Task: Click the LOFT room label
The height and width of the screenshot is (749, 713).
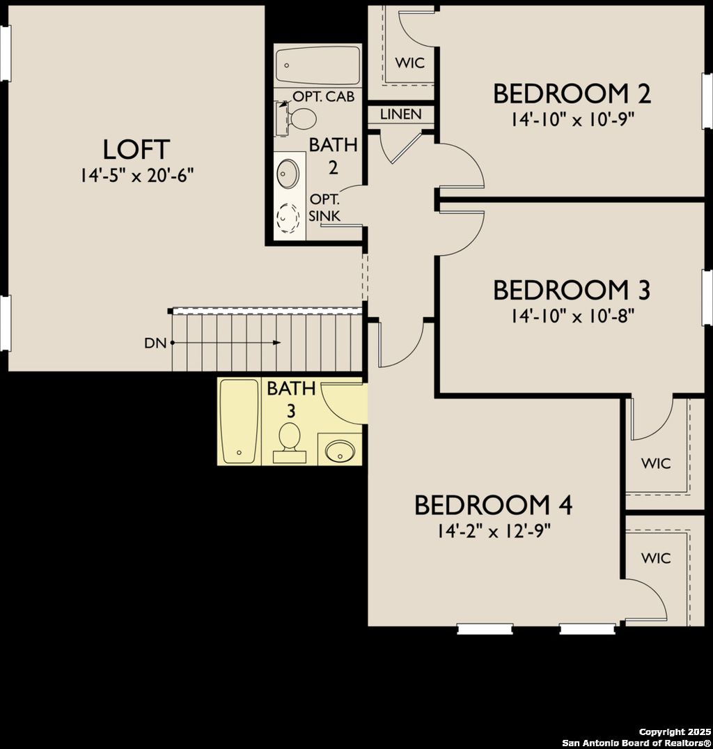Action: (136, 150)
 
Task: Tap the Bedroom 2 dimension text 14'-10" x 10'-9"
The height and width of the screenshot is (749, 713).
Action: (572, 119)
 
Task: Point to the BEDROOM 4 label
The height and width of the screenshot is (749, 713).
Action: (493, 505)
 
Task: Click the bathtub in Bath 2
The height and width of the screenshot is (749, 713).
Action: (318, 65)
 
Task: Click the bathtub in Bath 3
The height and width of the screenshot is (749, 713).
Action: (239, 420)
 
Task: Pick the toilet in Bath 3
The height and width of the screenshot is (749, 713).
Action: (289, 440)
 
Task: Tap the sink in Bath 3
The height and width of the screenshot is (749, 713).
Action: (340, 449)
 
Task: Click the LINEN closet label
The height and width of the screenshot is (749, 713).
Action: (401, 114)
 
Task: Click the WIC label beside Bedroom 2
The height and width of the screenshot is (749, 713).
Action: (410, 63)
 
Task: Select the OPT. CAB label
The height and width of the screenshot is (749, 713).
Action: (324, 96)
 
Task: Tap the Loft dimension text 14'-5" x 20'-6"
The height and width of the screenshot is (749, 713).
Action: (136, 175)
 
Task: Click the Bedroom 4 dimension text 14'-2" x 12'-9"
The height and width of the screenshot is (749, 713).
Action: (494, 532)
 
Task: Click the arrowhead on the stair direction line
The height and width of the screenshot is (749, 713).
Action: (277, 343)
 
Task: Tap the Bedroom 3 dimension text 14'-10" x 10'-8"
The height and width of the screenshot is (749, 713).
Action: (572, 316)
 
